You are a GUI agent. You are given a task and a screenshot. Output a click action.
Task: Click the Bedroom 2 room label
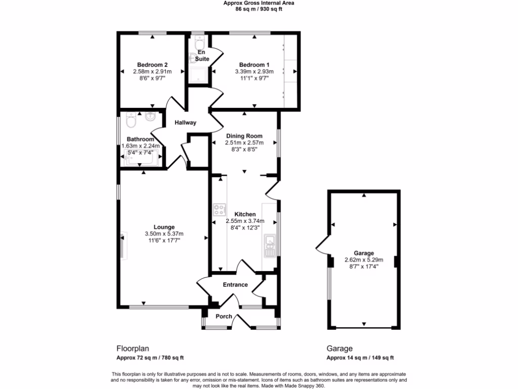click(x=152, y=65)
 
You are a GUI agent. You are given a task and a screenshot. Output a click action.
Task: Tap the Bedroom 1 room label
click(x=254, y=65)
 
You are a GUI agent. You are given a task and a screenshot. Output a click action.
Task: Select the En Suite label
click(x=202, y=56)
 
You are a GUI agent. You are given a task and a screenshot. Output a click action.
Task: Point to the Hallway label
click(x=185, y=123)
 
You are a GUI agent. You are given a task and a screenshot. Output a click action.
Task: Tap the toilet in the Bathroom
click(x=130, y=121)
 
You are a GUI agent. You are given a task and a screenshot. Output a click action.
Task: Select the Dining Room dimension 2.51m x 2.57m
click(x=244, y=143)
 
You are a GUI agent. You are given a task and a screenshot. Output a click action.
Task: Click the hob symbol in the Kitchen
click(x=220, y=209)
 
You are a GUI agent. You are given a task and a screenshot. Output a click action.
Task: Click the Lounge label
click(x=164, y=227)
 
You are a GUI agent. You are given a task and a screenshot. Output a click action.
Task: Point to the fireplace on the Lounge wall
click(x=123, y=246)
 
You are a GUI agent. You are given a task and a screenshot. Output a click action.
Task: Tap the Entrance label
click(x=236, y=285)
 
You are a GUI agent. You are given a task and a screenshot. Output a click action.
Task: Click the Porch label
click(x=224, y=317)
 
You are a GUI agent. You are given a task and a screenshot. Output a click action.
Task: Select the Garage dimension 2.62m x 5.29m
click(x=363, y=260)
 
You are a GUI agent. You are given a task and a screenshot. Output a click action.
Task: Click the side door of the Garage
click(x=321, y=245)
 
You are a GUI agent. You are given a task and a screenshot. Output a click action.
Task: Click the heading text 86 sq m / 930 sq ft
click(x=258, y=9)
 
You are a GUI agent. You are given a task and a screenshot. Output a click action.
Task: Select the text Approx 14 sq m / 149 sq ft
click(x=360, y=358)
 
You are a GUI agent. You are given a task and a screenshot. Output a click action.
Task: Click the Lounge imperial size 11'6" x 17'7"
click(x=164, y=241)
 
